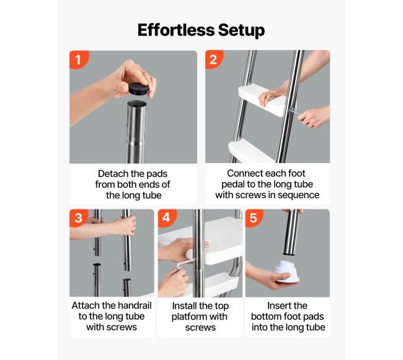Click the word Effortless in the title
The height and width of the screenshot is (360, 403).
(176, 30)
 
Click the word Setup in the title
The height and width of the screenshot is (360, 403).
(241, 31)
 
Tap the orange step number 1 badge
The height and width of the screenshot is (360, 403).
(78, 59)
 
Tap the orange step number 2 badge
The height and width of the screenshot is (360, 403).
(213, 59)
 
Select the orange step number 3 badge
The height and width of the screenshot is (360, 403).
(78, 217)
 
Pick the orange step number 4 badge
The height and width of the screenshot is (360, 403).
(167, 217)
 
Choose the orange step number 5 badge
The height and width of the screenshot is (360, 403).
(254, 217)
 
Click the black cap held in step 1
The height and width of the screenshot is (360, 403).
(138, 89)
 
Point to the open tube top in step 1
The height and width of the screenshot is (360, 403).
(137, 104)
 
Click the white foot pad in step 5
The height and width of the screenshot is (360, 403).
(287, 271)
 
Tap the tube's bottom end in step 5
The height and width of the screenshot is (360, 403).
(292, 253)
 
